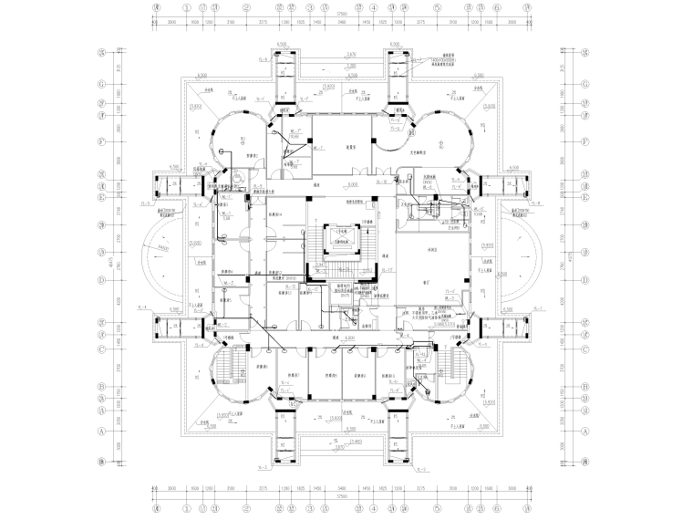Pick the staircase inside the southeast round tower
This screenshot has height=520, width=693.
[x=450, y=369]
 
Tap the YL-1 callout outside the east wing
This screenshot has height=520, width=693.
[x=538, y=310]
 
